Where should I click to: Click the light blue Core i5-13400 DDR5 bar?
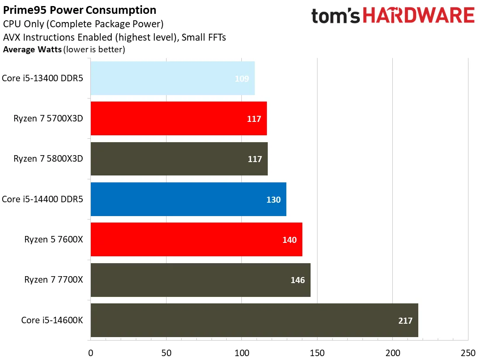point(172,78)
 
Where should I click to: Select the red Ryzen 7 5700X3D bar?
point(178,118)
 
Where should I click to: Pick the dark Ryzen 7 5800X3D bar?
point(179,159)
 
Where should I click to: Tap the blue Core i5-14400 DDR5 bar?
point(188,199)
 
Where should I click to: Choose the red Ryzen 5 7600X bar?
point(196,240)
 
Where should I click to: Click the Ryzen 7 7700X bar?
point(200,280)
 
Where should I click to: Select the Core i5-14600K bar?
point(254,320)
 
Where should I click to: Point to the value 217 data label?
point(405,321)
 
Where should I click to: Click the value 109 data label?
point(242,79)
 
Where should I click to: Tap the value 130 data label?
point(273,200)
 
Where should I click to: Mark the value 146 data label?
point(298,280)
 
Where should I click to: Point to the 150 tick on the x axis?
point(317,352)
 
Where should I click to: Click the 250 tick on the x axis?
point(468,352)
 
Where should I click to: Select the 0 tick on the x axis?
point(90,352)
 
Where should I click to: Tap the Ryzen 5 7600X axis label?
point(54,240)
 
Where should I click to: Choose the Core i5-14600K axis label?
point(52,320)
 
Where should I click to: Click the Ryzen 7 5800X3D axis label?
point(48,159)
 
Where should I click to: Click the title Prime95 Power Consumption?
point(80,10)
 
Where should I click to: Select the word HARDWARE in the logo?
point(418,16)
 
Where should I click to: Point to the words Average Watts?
point(32,49)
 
